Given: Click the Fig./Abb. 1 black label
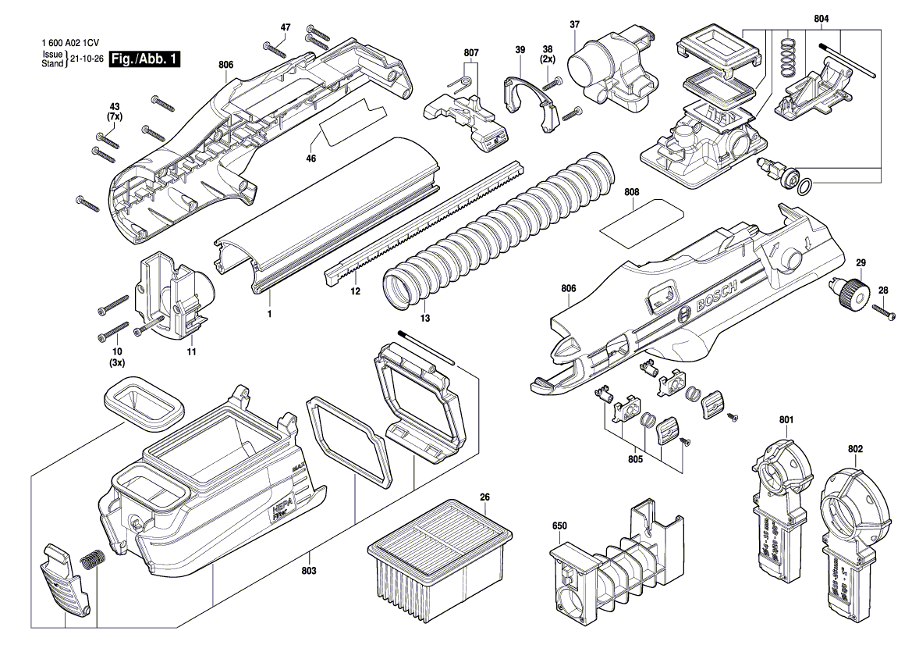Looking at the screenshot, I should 144,59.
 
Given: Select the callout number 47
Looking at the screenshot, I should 286,27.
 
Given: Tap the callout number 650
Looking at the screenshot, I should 559,526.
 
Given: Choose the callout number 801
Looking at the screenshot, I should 786,420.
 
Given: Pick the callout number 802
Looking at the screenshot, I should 855,449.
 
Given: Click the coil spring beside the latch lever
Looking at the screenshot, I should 93,561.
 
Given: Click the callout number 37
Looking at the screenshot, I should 574,25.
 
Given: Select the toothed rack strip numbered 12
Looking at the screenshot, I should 421,219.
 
